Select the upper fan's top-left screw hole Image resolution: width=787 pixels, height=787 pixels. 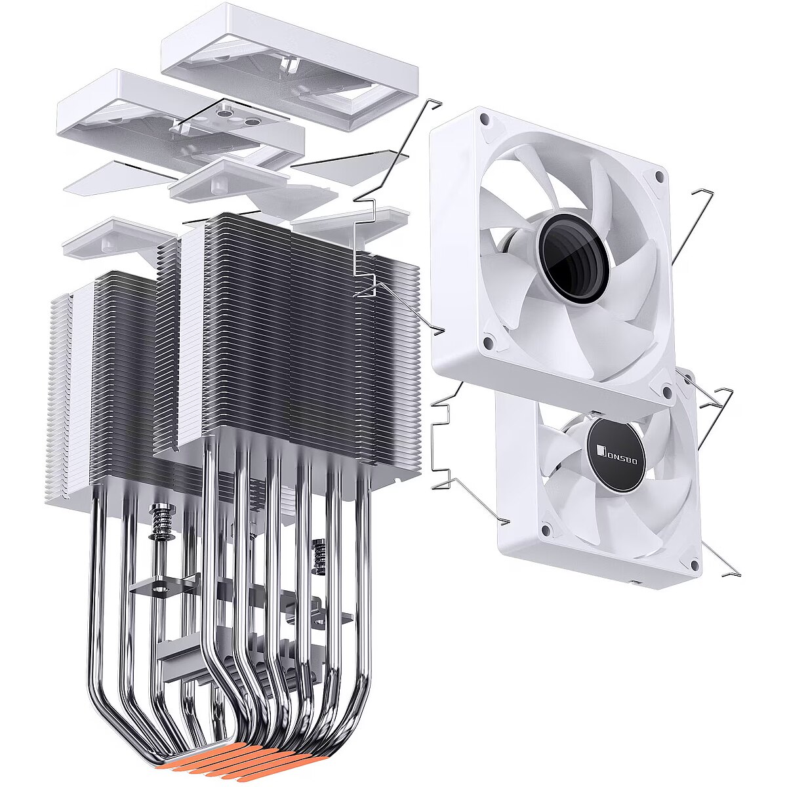coord(485,119)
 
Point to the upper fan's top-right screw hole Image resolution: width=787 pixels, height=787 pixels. coord(658,176)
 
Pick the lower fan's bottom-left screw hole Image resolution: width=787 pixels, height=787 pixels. coord(544,531)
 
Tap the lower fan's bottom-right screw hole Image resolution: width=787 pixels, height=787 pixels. coord(694,565)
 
